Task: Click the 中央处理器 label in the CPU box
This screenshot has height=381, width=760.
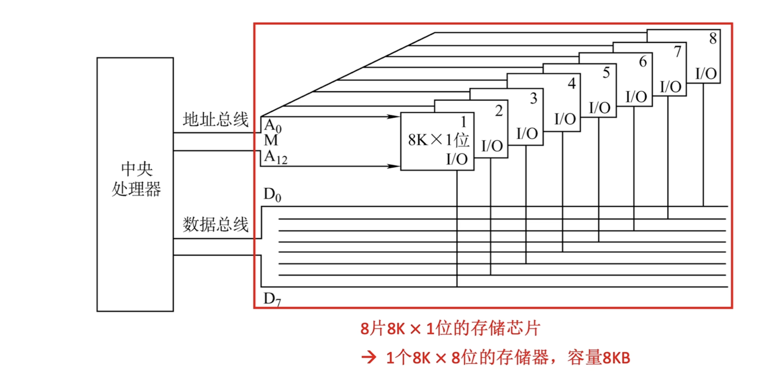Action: coord(136,179)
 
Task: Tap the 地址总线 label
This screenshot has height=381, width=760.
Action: coord(215,120)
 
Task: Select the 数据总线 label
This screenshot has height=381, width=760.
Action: coord(215,224)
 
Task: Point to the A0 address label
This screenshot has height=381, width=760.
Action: coord(272,126)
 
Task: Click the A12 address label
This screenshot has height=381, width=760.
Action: coord(275,157)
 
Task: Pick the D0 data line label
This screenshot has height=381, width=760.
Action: coord(272,195)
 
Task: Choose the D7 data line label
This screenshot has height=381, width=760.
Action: coord(272,299)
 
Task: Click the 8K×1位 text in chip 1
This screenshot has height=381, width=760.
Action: coord(438,140)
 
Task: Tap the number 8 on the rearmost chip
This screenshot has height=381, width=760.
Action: coord(713,38)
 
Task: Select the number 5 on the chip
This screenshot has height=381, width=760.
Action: coord(606,73)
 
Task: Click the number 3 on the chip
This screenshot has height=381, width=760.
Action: coord(534,98)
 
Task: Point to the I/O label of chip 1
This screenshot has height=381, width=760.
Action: coord(457,159)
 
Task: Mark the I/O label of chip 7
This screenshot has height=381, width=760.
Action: coord(671,87)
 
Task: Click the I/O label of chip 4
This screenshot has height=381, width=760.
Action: coord(565,119)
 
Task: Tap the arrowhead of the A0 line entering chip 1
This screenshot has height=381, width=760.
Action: coord(393,116)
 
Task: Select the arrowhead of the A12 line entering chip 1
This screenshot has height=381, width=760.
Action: coord(393,166)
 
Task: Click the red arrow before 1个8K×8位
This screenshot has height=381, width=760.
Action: coord(369,358)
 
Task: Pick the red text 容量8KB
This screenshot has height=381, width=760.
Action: coord(599,358)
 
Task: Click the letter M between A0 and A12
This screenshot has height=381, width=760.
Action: coord(271,141)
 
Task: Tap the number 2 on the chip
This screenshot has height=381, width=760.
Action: coord(499,111)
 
